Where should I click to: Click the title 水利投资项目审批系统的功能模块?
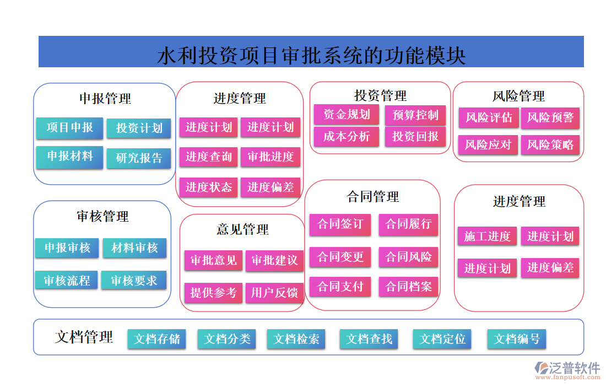tap(311, 55)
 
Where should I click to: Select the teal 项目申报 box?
tap(69, 128)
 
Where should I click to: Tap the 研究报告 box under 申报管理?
tap(139, 158)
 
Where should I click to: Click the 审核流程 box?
tap(67, 280)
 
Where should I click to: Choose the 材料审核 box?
tap(134, 248)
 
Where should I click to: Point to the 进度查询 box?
tap(208, 157)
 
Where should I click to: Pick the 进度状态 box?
tap(208, 187)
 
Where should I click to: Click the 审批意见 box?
tap(213, 260)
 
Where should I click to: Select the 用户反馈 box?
tap(274, 292)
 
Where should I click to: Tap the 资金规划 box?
tap(346, 115)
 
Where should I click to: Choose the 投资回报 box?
tap(415, 136)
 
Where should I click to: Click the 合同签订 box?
tap(340, 224)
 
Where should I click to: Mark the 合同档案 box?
tap(408, 287)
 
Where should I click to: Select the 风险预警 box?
tap(550, 117)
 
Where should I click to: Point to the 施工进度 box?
tap(487, 237)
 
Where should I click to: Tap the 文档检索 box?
tap(296, 339)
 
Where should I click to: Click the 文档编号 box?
tap(516, 339)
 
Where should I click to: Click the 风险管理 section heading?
tap(518, 96)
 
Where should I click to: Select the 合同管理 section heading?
tap(372, 197)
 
